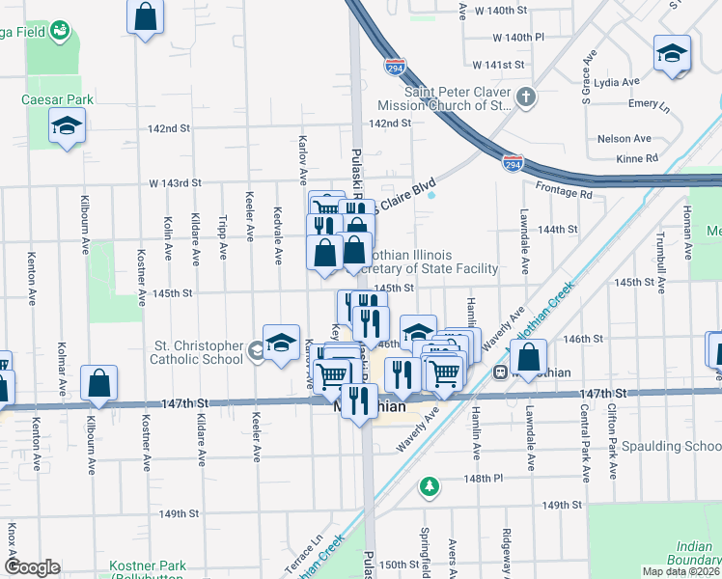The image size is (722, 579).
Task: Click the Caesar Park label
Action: point(57,99)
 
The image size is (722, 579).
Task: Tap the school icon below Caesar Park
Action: point(68,127)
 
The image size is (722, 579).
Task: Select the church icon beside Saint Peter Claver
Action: point(525,97)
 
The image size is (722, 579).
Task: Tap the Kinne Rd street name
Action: point(638,157)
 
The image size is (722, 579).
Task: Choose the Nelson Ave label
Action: point(625,139)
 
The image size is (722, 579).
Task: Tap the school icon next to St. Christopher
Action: point(281,344)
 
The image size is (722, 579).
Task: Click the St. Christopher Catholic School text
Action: point(197,352)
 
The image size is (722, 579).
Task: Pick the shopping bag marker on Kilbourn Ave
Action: point(99,383)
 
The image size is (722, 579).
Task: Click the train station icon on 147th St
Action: point(501,372)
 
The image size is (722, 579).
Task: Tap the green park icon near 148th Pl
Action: point(430,485)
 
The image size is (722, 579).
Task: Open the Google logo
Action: point(32,567)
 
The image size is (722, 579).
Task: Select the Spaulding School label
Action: point(671,446)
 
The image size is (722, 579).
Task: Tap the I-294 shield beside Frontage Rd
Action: point(514,164)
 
